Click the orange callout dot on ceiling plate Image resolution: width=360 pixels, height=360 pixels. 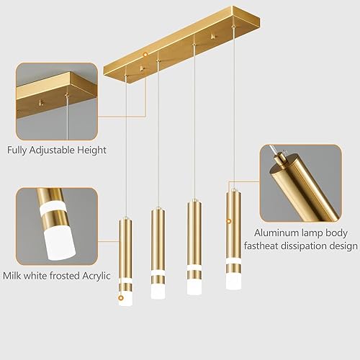point(145,54)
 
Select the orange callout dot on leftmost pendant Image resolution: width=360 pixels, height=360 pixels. point(121,297)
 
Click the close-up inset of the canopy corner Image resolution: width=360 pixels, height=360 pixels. point(56,101)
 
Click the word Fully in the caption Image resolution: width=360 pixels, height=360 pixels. point(19,150)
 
